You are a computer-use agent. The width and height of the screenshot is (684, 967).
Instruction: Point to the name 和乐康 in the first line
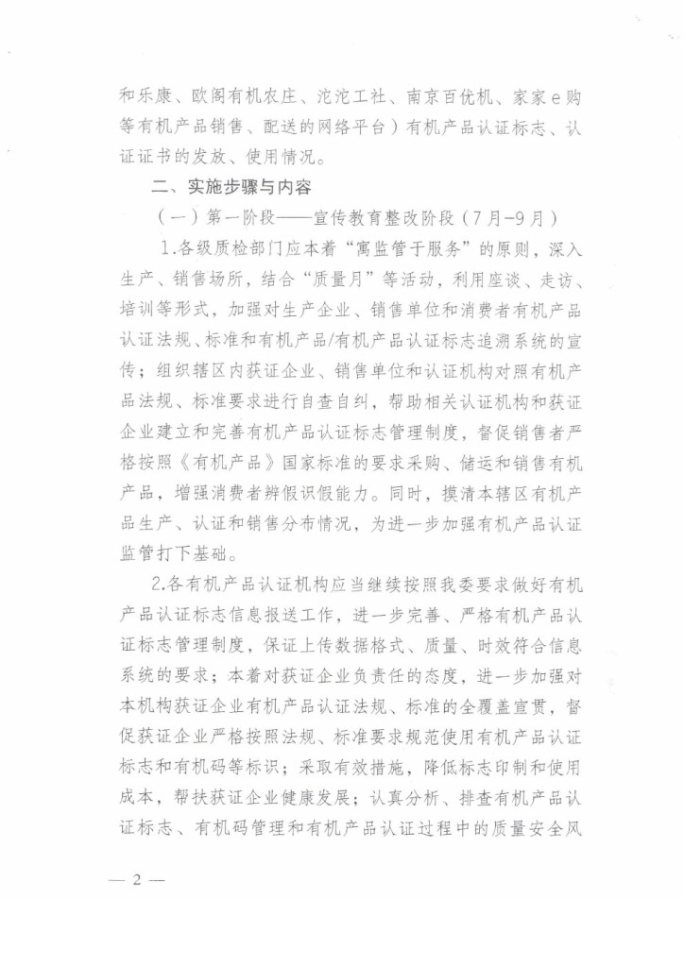[x=143, y=96]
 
